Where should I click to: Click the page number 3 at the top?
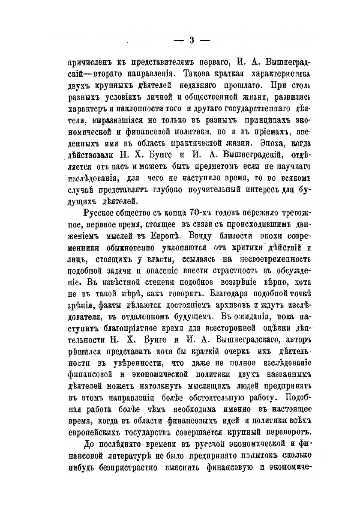pos(192,40)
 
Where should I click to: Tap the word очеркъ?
pos(234,341)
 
